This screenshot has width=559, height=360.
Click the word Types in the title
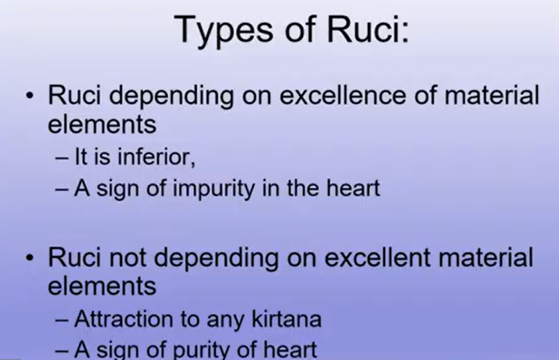pyautogui.click(x=223, y=30)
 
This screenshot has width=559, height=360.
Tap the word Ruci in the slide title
pyautogui.click(x=367, y=29)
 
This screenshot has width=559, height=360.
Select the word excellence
pyautogui.click(x=343, y=95)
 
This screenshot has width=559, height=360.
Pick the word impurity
pyautogui.click(x=214, y=189)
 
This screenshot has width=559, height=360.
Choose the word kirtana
pyautogui.click(x=286, y=318)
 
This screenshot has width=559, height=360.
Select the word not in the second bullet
pyautogui.click(x=127, y=258)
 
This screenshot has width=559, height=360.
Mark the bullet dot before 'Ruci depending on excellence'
pyautogui.click(x=30, y=95)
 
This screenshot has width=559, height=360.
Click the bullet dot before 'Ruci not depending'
pyautogui.click(x=30, y=257)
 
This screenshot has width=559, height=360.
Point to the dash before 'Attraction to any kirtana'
pyautogui.click(x=62, y=320)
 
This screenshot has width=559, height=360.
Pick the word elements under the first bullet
pyautogui.click(x=102, y=125)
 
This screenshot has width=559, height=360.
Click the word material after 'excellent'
pyautogui.click(x=486, y=257)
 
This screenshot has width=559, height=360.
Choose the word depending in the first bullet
pyautogui.click(x=172, y=97)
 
